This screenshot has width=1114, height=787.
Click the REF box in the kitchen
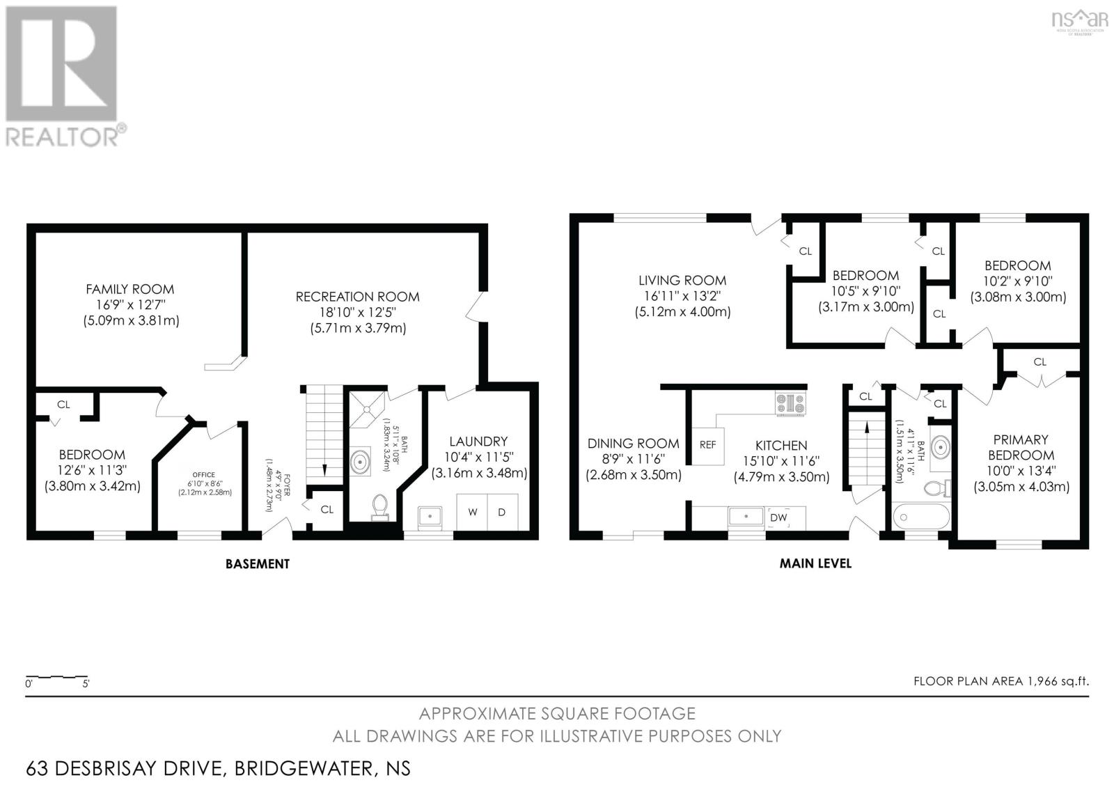[x=707, y=444]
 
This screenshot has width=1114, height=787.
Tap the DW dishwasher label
[x=778, y=517]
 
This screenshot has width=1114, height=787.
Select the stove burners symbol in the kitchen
[x=791, y=403]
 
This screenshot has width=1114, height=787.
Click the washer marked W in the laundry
[x=473, y=513]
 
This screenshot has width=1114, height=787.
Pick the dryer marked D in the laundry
[x=502, y=513]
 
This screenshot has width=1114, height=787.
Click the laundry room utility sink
[x=430, y=516]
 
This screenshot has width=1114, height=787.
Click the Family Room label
[x=130, y=288]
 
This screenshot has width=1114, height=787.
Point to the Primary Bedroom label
[x=1021, y=447]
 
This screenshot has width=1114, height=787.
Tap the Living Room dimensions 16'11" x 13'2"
[x=682, y=296]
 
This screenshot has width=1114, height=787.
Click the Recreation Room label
[x=357, y=297]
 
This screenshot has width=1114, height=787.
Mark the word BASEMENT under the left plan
[x=257, y=563]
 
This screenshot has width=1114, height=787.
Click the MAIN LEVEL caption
[x=815, y=563]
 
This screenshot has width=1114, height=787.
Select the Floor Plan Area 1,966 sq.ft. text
[x=1001, y=681]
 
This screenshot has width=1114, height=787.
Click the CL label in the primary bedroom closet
[x=1040, y=361]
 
